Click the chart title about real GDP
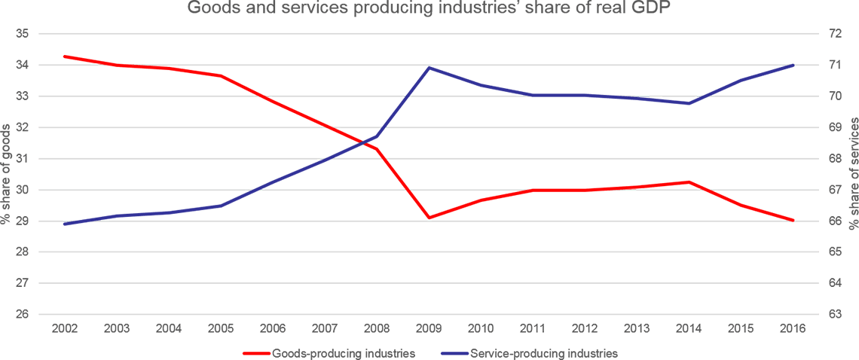click(429, 8)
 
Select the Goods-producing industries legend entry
click(342, 352)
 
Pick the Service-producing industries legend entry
click(543, 352)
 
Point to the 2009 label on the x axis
click(429, 328)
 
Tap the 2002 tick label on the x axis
click(64, 328)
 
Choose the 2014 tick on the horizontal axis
click(689, 328)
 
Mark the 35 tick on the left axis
click(21, 34)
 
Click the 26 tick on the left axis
click(21, 314)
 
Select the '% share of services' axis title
click(853, 174)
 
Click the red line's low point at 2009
click(429, 218)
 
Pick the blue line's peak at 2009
click(429, 67)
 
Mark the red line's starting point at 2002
click(64, 56)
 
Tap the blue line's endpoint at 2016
click(793, 66)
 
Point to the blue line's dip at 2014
click(689, 103)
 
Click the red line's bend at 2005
click(220, 76)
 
